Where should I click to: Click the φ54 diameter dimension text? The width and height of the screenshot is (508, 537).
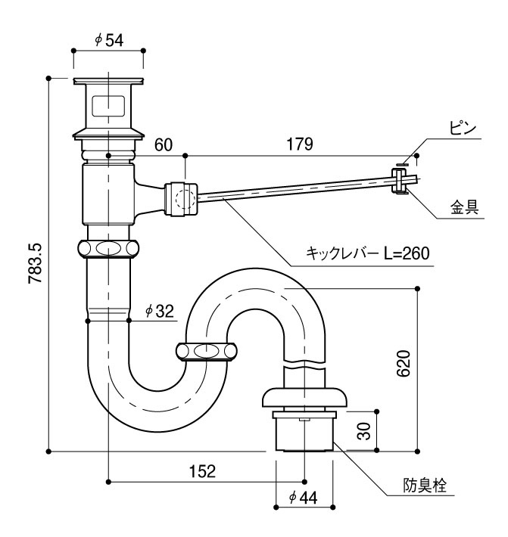(x=109, y=40)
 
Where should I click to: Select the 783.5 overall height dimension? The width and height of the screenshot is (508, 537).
(x=36, y=263)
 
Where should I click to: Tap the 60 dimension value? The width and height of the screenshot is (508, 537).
(x=164, y=145)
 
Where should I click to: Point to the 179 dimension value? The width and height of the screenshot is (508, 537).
(x=300, y=144)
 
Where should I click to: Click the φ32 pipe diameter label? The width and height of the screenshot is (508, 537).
(x=160, y=311)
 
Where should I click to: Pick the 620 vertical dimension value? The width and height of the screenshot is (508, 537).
(x=404, y=364)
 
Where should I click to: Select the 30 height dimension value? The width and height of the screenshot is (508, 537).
(x=363, y=431)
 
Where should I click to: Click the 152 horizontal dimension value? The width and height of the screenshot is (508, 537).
(x=202, y=471)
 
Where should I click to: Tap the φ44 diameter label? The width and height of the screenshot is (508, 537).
(x=304, y=497)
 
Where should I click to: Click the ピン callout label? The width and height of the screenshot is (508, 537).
(x=463, y=129)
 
